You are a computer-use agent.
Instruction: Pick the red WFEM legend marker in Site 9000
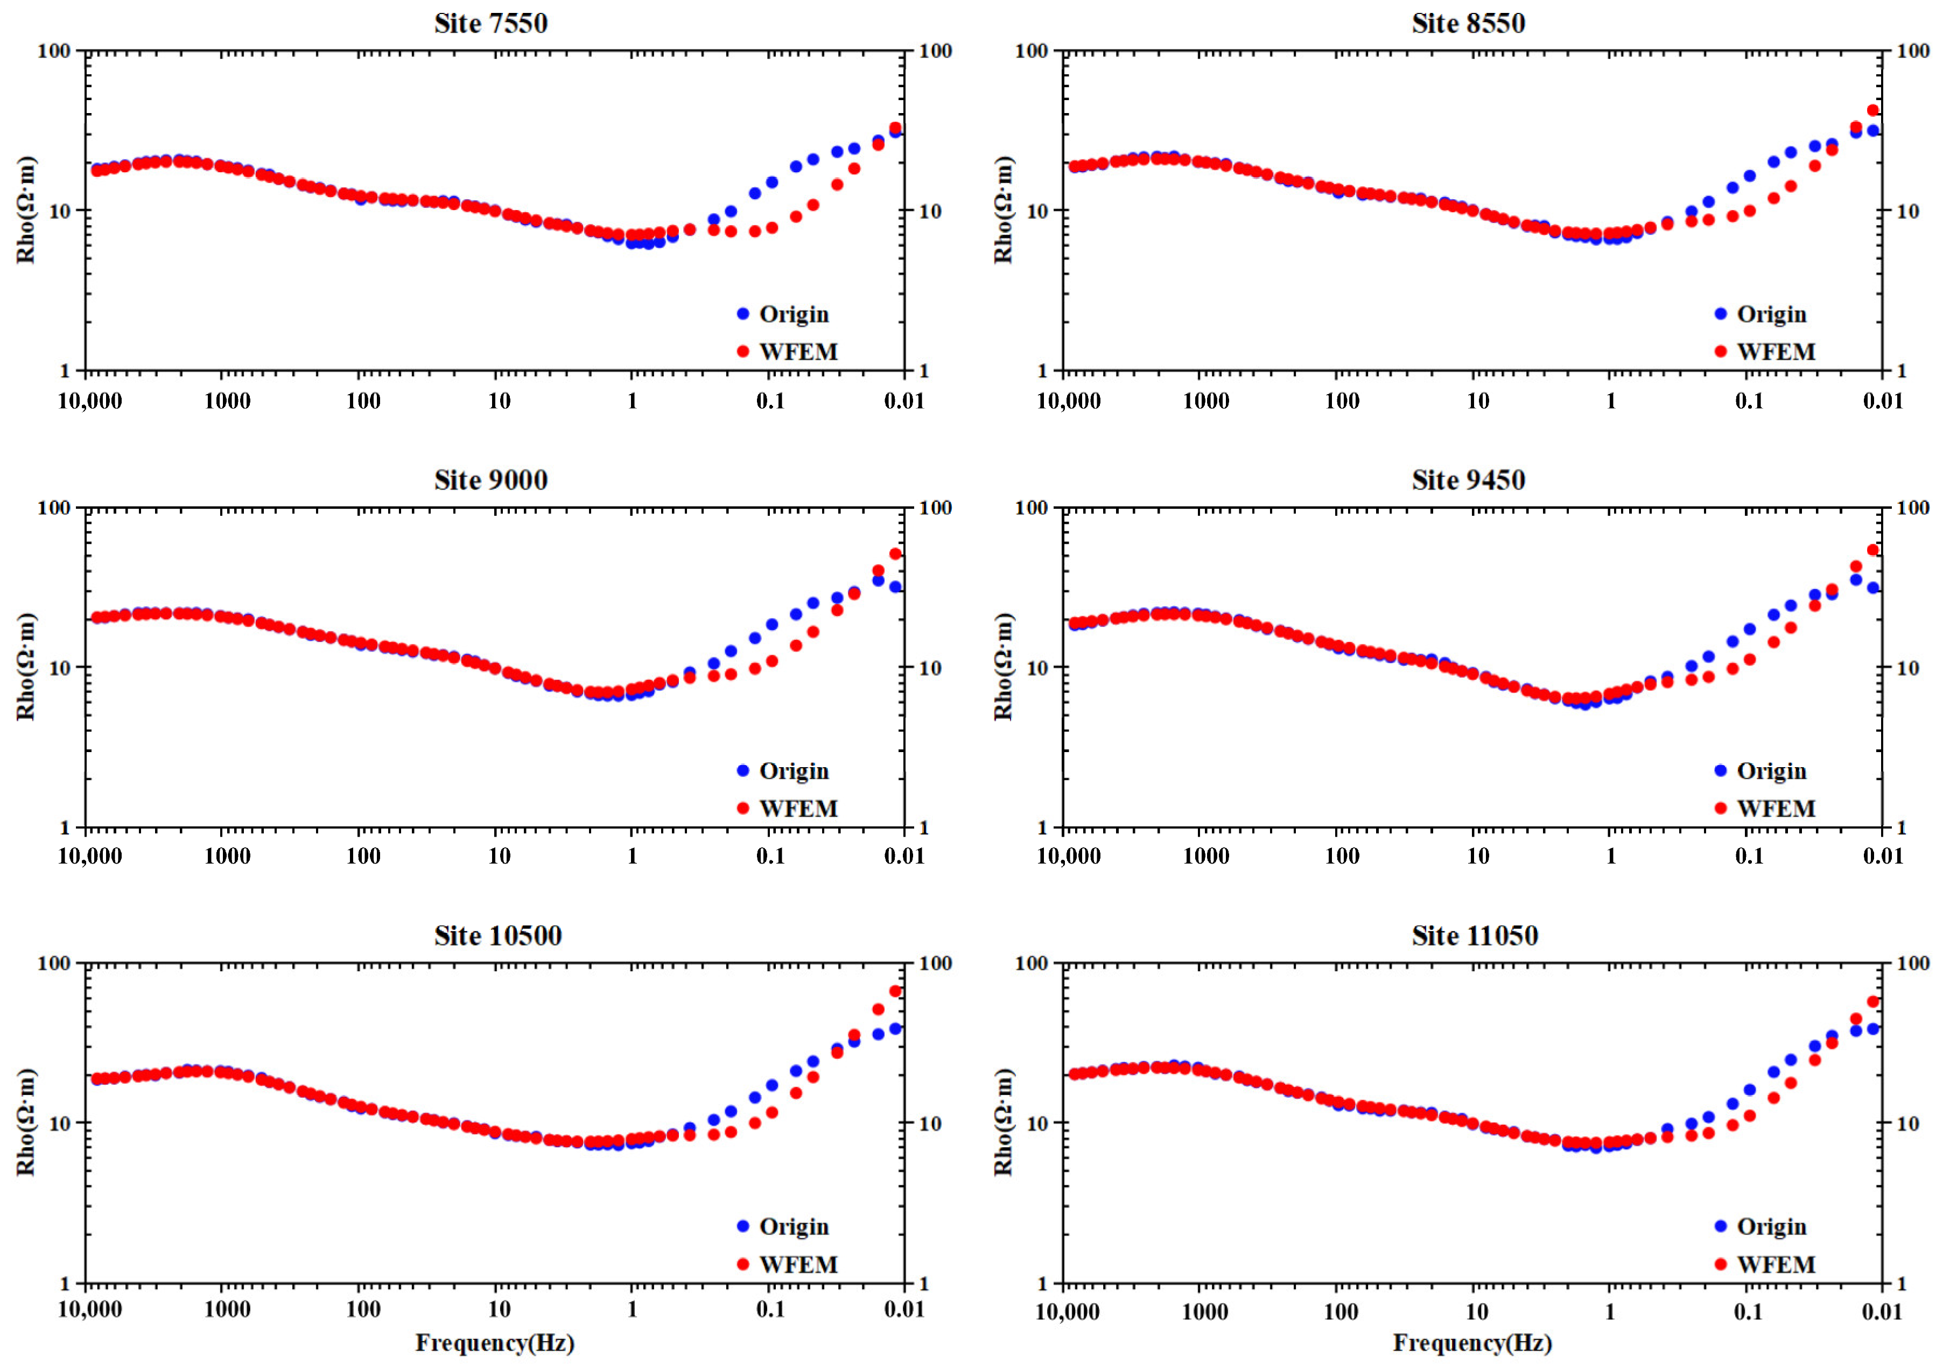click(743, 808)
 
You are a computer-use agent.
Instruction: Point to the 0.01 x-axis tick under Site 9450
click(1883, 856)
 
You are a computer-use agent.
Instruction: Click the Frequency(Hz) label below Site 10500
click(495, 1343)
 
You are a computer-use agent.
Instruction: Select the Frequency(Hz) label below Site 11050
click(1472, 1343)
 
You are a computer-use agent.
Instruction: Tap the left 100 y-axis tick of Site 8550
click(1032, 51)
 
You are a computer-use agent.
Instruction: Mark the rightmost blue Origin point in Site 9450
click(1873, 587)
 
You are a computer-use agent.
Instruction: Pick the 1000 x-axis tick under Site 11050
click(1204, 1311)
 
